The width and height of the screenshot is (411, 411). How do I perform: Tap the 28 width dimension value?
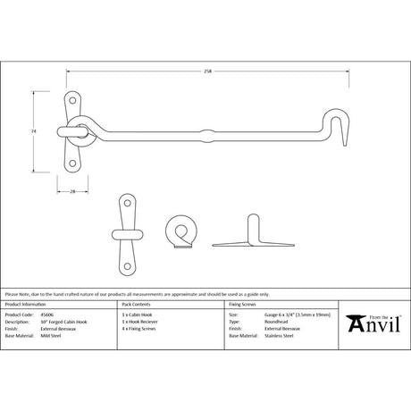tap(71, 192)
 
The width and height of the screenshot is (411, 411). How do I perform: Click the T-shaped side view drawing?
tap(239, 235)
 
